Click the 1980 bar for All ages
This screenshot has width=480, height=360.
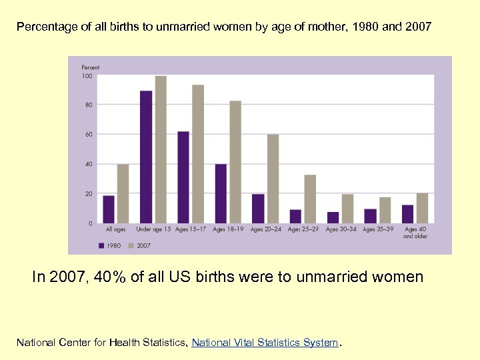coord(109,209)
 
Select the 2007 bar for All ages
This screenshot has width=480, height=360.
coord(123,193)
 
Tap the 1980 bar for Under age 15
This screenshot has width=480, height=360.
coord(146,157)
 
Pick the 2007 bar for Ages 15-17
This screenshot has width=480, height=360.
coord(197,154)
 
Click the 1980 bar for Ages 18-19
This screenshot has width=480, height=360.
coord(221,193)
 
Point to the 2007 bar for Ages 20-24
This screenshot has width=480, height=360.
coord(273,179)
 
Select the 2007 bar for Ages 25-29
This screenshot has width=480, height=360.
coord(310,199)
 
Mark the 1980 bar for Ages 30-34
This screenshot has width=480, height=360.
coord(333,217)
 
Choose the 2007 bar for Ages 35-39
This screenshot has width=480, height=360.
coord(385,210)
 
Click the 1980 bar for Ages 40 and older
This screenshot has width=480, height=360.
coord(408,214)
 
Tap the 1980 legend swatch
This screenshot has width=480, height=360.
coord(101,245)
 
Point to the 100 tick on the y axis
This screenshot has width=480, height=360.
coord(87,75)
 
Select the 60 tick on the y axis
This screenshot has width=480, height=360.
coord(89,134)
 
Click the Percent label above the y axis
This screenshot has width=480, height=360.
coord(91,67)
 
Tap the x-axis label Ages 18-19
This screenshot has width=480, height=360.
coord(228,229)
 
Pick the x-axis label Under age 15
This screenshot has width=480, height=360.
coord(153,229)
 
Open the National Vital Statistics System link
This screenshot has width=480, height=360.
coord(265,343)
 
